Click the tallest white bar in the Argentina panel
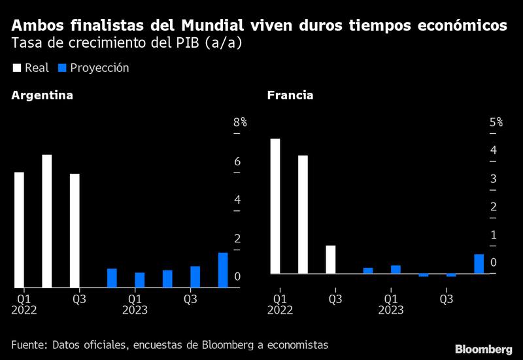[46, 221]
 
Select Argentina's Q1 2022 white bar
[19, 229]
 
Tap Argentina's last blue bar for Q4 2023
[223, 270]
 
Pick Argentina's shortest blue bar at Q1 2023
[139, 280]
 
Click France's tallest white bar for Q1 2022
[275, 206]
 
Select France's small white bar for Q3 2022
[330, 259]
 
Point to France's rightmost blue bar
[479, 264]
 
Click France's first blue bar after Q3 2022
[368, 270]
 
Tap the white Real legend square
[16, 68]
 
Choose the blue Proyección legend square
[62, 68]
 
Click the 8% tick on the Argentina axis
[240, 123]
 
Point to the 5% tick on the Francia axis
[496, 123]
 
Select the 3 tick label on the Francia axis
[494, 179]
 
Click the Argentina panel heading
[42, 95]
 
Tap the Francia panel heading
[290, 95]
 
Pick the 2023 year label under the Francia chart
[390, 310]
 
